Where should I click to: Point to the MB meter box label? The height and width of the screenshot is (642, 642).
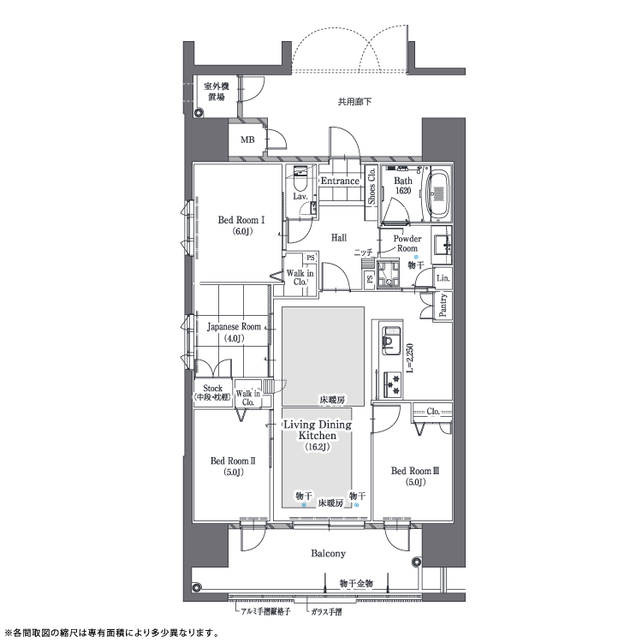247,140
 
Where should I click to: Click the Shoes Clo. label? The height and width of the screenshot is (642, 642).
372,187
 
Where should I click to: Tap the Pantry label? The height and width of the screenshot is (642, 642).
443,306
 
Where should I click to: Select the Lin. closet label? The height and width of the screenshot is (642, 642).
443,278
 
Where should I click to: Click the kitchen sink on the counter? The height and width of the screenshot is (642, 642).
391,341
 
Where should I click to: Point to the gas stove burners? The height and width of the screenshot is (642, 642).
393,385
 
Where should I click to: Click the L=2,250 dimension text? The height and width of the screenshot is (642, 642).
411,358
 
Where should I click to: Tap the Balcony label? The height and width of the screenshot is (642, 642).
328,554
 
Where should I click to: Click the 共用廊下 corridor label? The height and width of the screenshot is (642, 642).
354,102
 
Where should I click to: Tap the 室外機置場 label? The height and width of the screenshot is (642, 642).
217,92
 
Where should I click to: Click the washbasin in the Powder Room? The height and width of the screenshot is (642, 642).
443,245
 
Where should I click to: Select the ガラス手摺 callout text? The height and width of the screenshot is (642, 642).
326,613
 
